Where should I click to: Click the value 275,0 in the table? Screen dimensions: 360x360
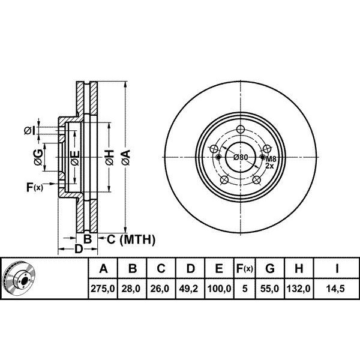pyautogui.click(x=103, y=289)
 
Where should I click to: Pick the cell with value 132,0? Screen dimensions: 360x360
pyautogui.click(x=299, y=289)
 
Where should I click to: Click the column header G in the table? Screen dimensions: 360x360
pyautogui.click(x=270, y=268)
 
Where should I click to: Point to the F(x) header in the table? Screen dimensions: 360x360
pyautogui.click(x=245, y=268)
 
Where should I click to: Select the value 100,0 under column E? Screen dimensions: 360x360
pyautogui.click(x=219, y=289)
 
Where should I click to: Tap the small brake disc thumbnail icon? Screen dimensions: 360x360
pyautogui.click(x=20, y=278)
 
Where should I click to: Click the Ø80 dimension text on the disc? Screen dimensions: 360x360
pyautogui.click(x=241, y=157)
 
